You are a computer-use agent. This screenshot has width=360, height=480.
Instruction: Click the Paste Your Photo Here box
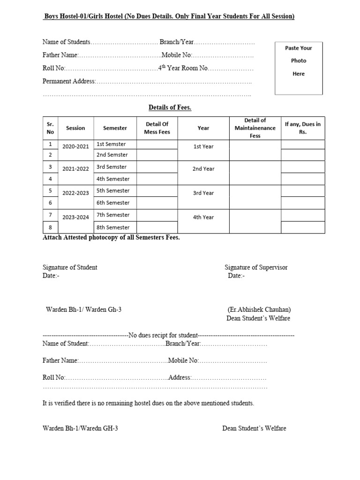[x=299, y=67]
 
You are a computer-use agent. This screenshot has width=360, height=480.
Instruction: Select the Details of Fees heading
[x=170, y=107]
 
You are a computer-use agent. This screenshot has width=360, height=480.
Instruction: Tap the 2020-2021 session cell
[x=75, y=147]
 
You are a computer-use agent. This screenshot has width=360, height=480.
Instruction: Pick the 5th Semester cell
[x=113, y=191]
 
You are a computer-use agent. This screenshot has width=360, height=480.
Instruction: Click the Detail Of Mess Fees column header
[x=157, y=128]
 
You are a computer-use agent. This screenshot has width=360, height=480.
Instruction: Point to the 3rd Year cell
[x=203, y=193]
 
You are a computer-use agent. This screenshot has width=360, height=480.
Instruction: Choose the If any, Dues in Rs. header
[x=302, y=128]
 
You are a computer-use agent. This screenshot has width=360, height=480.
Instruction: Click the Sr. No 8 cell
[x=50, y=227]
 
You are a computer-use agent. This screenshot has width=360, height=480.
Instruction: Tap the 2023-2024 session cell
[x=75, y=217]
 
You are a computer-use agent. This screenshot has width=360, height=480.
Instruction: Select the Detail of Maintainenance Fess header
[x=255, y=128]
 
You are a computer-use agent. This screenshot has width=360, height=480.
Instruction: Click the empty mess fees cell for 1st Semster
[x=157, y=144]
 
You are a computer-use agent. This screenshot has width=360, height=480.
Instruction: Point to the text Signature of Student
[x=70, y=267]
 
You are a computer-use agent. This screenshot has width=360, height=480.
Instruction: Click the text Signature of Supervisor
[x=256, y=267]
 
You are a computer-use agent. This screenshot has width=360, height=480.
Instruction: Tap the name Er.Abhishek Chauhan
[x=259, y=310]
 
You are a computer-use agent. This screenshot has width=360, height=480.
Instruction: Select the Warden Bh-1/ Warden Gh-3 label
[x=84, y=310]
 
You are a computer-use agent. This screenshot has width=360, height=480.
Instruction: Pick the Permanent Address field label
[x=69, y=81]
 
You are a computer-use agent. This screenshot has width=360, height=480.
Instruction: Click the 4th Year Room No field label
[x=182, y=68]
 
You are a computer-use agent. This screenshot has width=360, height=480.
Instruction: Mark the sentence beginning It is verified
[x=148, y=403]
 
